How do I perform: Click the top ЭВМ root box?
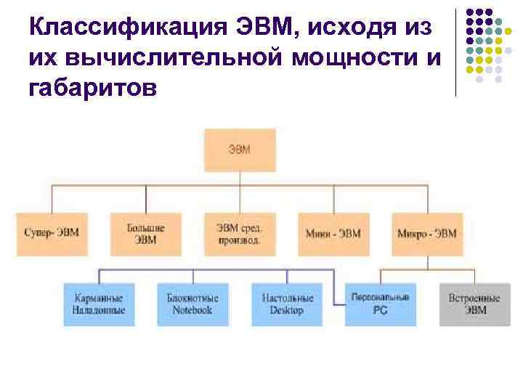click(x=240, y=150)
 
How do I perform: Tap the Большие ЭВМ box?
click(x=146, y=234)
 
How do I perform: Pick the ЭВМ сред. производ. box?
click(x=240, y=234)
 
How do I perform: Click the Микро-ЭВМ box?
click(x=427, y=234)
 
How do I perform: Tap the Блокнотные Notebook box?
click(x=192, y=303)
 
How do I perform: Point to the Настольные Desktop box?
click(x=286, y=303)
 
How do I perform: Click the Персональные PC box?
click(x=380, y=303)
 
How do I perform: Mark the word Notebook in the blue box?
click(x=192, y=310)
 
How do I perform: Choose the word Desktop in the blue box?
click(x=286, y=310)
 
